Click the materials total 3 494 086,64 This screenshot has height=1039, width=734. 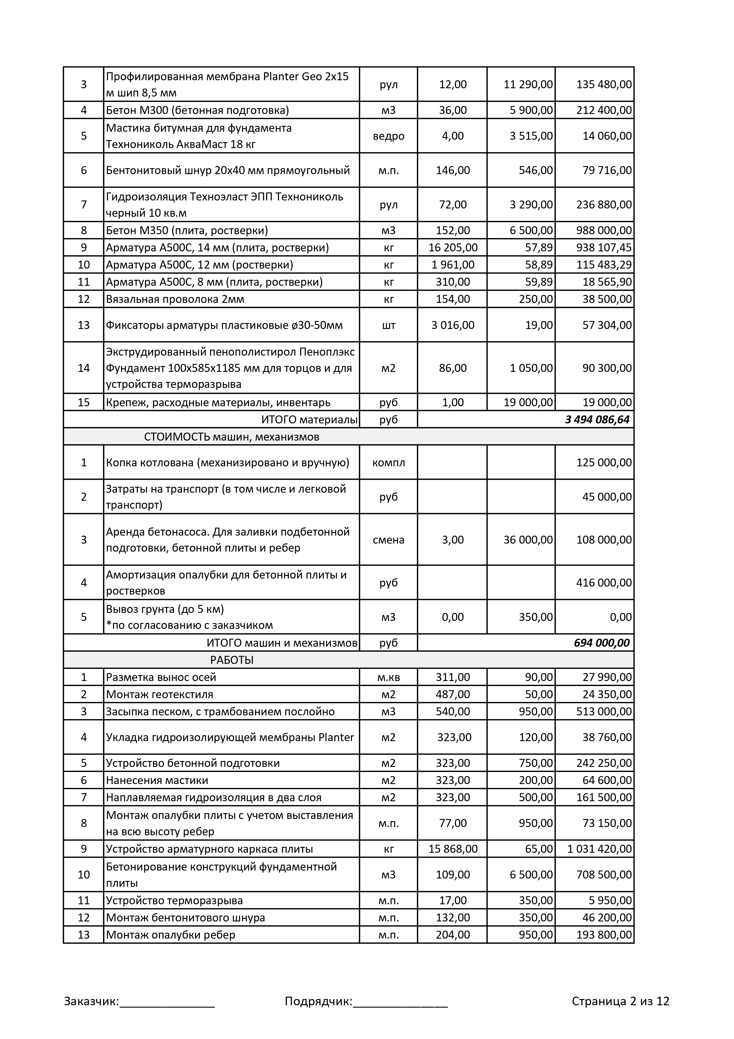tap(597, 420)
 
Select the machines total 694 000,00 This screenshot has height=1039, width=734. tap(601, 643)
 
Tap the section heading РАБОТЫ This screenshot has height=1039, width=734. tap(232, 660)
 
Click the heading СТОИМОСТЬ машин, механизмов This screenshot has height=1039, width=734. tap(232, 437)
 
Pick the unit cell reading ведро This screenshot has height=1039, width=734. tap(388, 136)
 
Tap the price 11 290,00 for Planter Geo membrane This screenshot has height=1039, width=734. tap(528, 84)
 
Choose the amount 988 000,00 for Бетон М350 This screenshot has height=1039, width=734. tap(604, 230)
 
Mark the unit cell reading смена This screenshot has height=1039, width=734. tap(388, 539)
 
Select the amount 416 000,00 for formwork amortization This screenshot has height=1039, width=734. tap(604, 582)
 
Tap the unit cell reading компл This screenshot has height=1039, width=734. tap(388, 463)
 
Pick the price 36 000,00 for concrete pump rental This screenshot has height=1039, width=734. tap(528, 539)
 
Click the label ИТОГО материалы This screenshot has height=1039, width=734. tap(309, 420)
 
